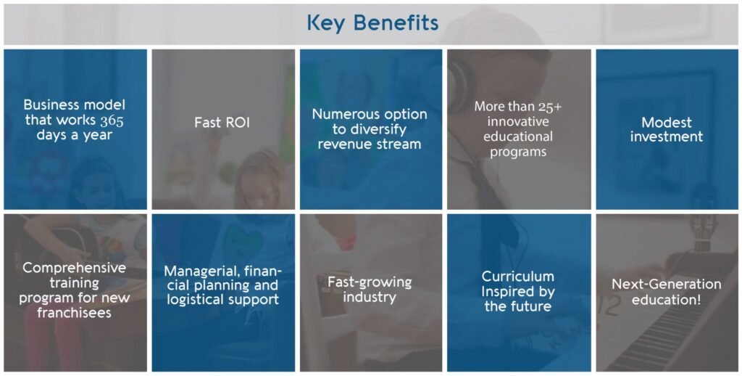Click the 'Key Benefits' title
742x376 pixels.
tap(372, 23)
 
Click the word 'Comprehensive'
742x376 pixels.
tap(75, 269)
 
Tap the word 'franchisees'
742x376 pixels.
tap(75, 314)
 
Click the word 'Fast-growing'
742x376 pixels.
tap(370, 283)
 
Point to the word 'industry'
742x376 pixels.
tap(370, 298)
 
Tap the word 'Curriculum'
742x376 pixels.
tap(517, 277)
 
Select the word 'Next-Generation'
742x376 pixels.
tap(667, 285)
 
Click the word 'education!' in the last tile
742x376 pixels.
tap(667, 300)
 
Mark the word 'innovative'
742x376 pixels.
tap(517, 121)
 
